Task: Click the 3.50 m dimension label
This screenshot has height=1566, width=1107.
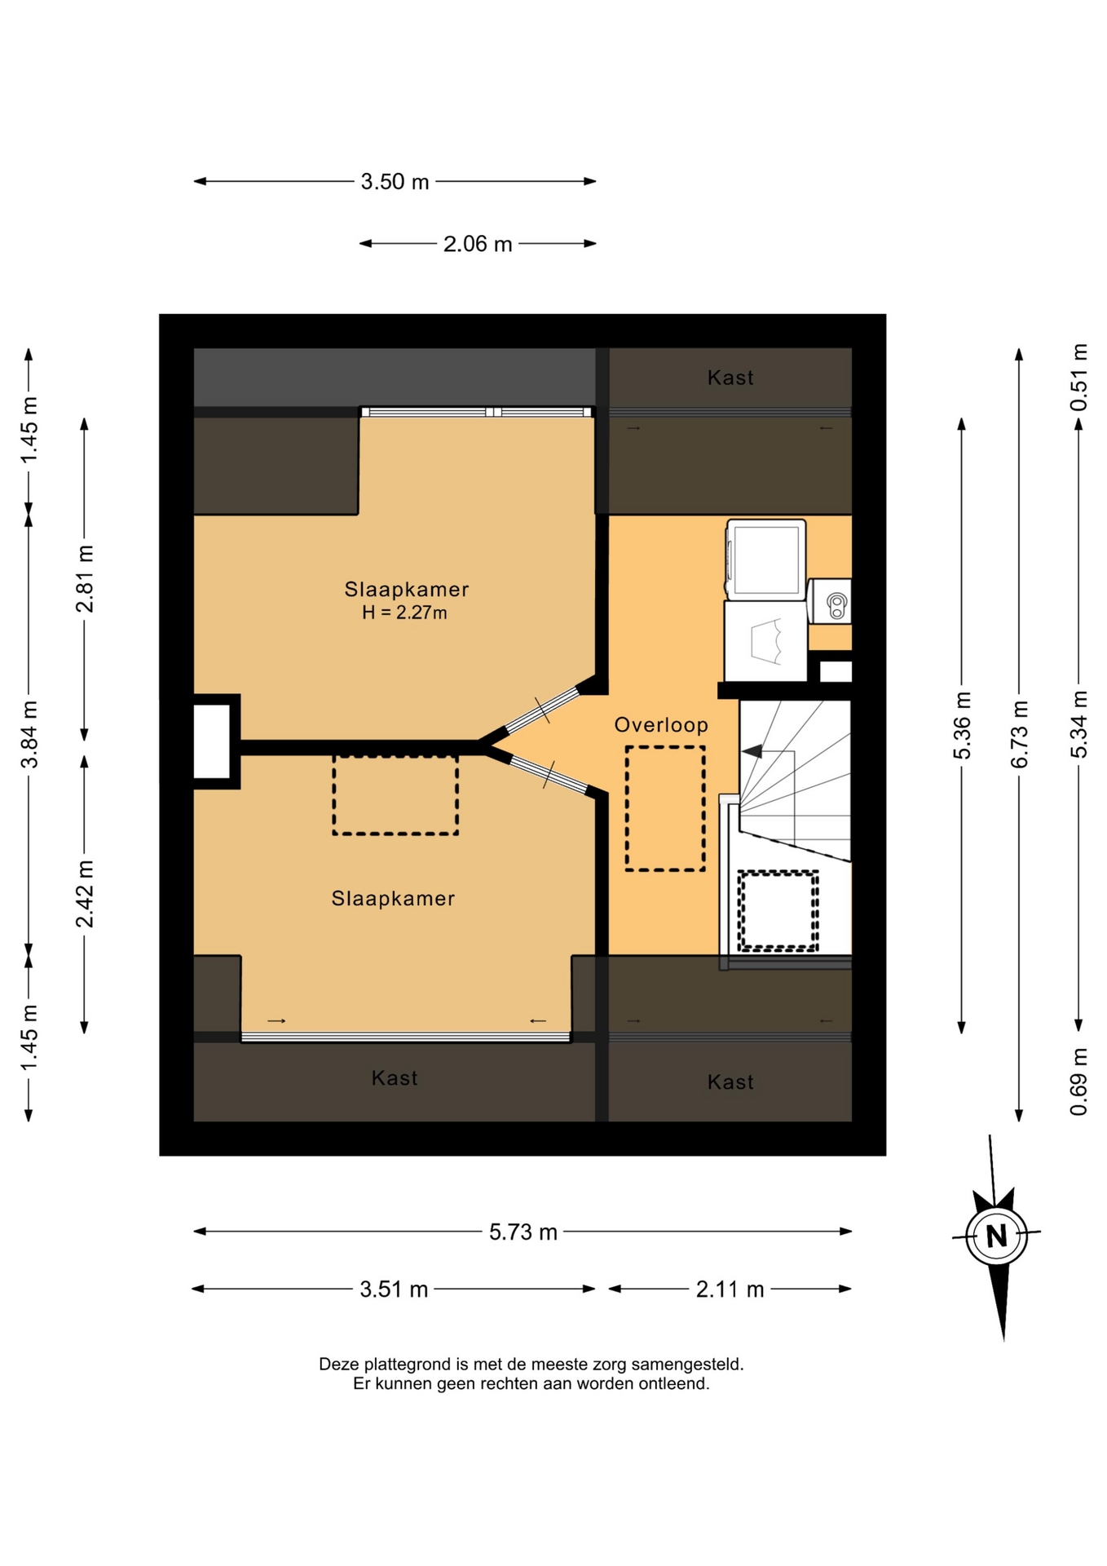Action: (395, 181)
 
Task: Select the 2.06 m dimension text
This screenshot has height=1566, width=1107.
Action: (478, 244)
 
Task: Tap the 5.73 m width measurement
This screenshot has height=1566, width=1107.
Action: (523, 1232)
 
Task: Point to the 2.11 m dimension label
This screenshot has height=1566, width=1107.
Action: (730, 1289)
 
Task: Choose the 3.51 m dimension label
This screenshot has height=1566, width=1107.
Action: (394, 1289)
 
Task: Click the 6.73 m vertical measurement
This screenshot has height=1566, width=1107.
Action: (1019, 734)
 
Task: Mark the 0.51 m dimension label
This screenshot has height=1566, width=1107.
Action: (1078, 378)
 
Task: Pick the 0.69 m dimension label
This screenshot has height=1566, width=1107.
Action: (1078, 1082)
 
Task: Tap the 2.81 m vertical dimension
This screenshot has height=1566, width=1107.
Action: (84, 578)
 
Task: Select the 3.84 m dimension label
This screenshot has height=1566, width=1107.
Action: (29, 734)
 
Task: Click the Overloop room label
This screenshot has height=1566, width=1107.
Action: (661, 724)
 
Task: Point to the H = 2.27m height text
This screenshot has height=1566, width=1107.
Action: (404, 613)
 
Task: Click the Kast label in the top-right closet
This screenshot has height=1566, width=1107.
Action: (730, 378)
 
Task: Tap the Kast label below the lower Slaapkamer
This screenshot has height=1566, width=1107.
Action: (395, 1078)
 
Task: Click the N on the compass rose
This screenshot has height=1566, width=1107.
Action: (996, 1236)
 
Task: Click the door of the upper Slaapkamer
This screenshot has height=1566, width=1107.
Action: (541, 710)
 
